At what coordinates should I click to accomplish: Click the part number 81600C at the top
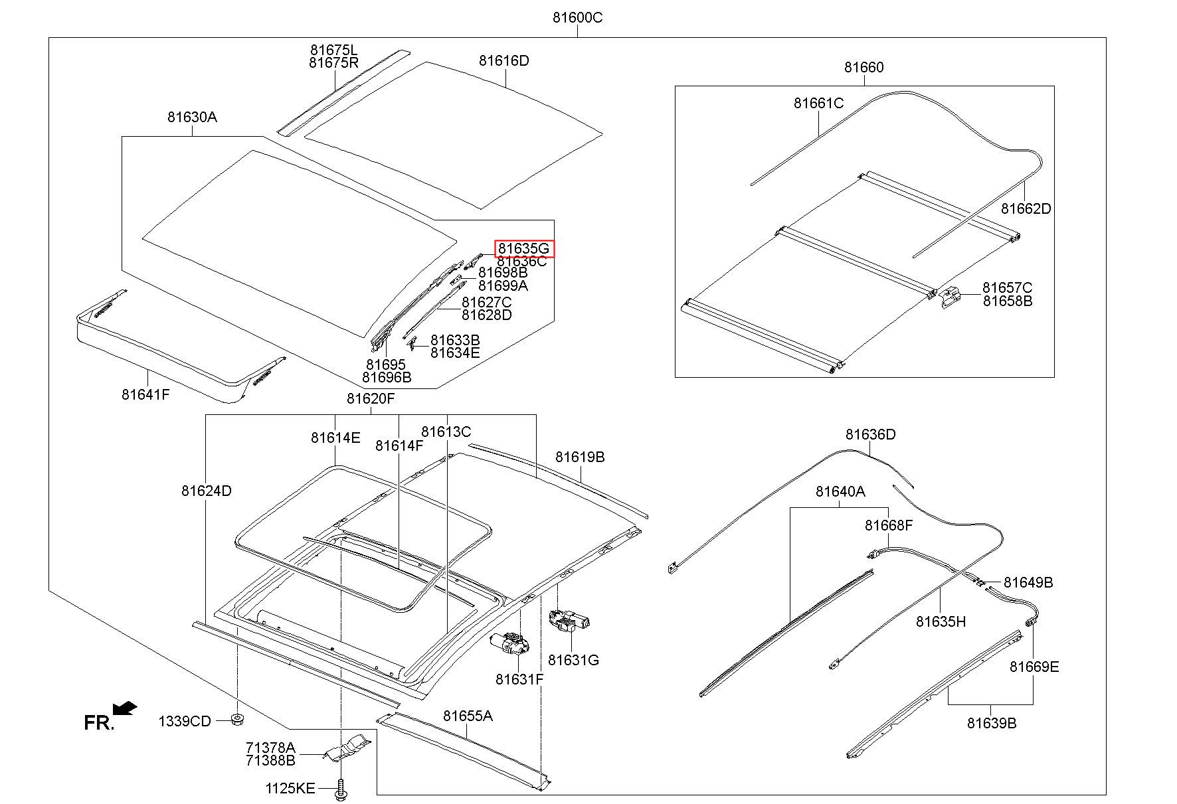577,17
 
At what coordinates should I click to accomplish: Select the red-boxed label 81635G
524,249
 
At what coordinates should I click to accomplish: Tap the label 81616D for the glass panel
504,61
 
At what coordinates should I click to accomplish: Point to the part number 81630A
192,117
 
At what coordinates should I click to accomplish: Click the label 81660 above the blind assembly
864,67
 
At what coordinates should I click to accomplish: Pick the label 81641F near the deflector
145,394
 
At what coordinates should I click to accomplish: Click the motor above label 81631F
509,644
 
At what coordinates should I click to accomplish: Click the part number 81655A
468,716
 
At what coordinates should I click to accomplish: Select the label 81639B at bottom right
992,723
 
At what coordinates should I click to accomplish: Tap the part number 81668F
889,525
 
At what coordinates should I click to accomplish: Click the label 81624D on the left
206,491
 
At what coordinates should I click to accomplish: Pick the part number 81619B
581,457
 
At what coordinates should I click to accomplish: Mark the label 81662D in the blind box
1026,208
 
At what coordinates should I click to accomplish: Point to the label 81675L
333,50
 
